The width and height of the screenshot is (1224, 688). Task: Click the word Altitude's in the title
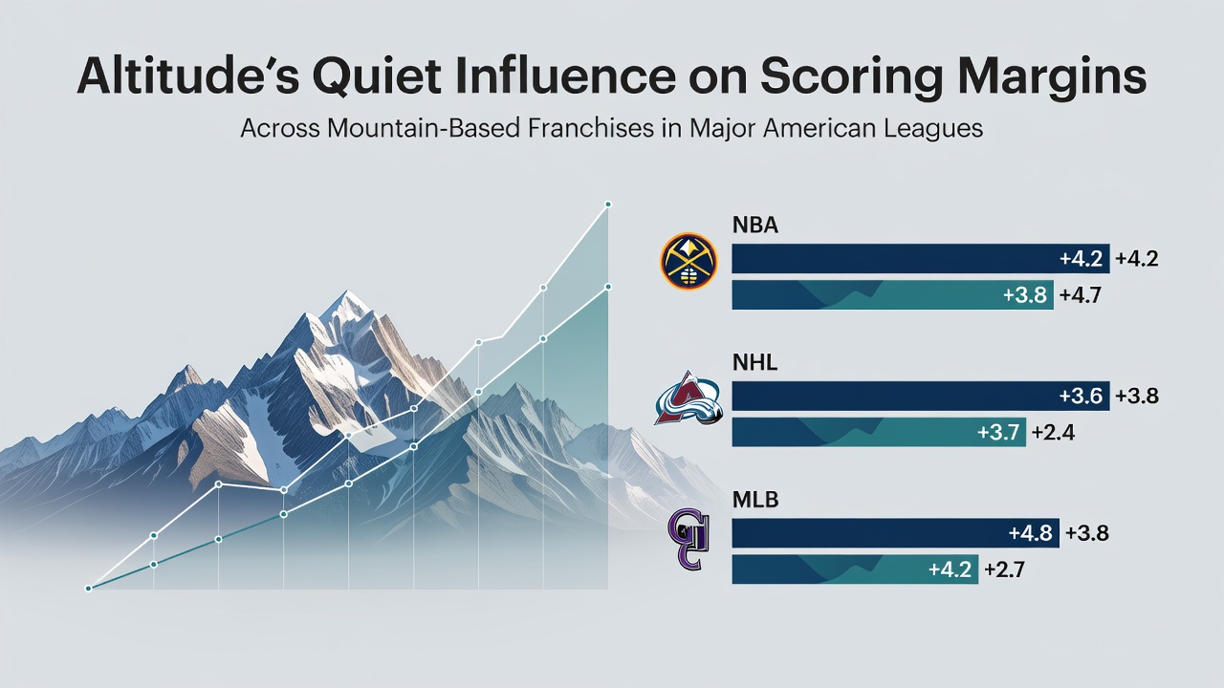click(188, 77)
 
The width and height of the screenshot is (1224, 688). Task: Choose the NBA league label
click(755, 226)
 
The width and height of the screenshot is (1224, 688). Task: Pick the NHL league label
click(754, 362)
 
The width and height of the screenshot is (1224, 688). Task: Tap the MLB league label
click(755, 500)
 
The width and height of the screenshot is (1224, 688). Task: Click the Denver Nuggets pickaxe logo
click(688, 261)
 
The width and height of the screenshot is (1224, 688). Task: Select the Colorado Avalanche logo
click(688, 398)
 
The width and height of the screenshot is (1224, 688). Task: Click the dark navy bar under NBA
click(921, 259)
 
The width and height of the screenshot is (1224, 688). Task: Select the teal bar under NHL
click(879, 432)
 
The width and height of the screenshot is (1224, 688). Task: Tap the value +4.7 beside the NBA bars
click(1080, 295)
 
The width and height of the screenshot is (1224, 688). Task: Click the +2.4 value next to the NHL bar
click(1053, 433)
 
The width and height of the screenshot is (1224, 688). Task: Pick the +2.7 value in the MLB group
click(1004, 570)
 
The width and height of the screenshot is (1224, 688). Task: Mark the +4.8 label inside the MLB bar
click(1030, 533)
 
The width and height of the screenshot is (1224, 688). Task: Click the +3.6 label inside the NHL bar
click(1081, 396)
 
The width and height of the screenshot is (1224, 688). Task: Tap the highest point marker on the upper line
click(608, 204)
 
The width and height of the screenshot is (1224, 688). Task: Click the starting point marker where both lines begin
click(88, 589)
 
